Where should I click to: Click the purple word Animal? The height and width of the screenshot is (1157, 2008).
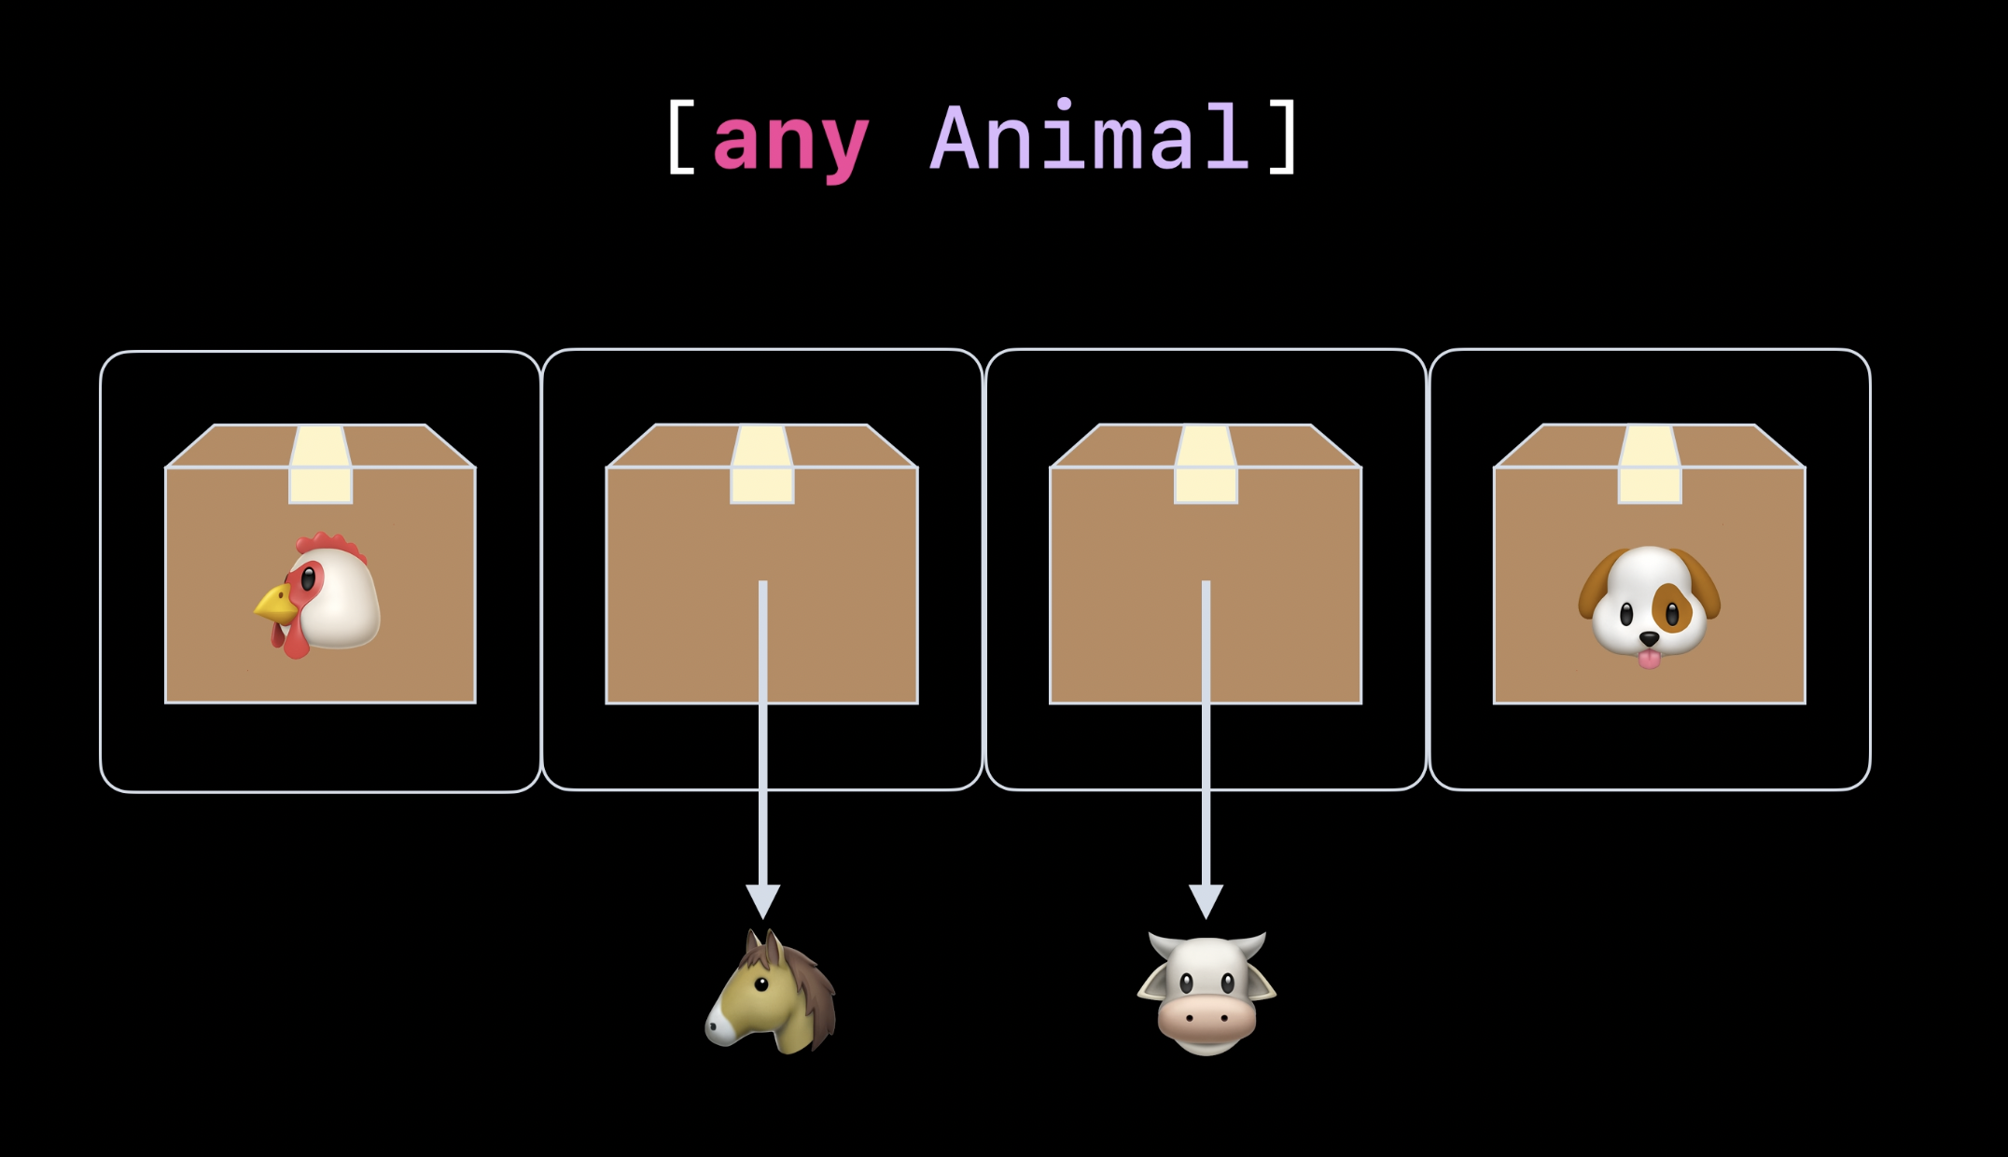(x=1090, y=138)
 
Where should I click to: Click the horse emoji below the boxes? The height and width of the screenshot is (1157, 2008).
(x=772, y=993)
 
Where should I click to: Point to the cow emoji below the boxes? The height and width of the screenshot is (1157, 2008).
(x=1206, y=995)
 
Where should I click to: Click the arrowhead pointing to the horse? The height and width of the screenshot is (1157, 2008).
(x=762, y=901)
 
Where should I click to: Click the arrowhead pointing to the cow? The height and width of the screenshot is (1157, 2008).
(x=1206, y=901)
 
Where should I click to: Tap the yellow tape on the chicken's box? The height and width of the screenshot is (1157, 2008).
(x=320, y=466)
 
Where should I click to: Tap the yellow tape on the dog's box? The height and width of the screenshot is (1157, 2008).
(x=1649, y=466)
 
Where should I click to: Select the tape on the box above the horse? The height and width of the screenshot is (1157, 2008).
(x=762, y=466)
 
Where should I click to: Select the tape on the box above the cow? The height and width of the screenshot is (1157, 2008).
(x=1206, y=466)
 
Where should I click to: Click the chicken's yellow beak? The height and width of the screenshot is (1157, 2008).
(x=275, y=605)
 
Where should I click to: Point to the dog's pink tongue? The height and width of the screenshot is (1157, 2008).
(x=1649, y=660)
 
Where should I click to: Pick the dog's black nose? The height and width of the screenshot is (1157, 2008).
(x=1649, y=639)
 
